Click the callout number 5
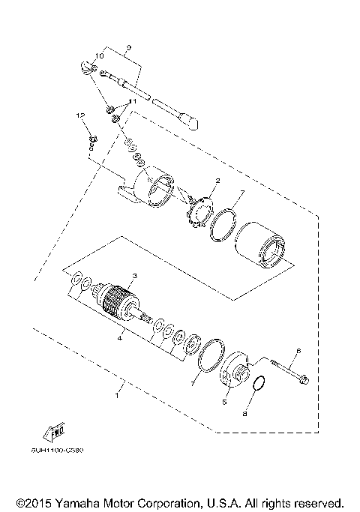click(x=223, y=403)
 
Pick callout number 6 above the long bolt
click(x=298, y=350)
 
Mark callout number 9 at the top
click(x=128, y=47)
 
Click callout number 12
click(x=77, y=115)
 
